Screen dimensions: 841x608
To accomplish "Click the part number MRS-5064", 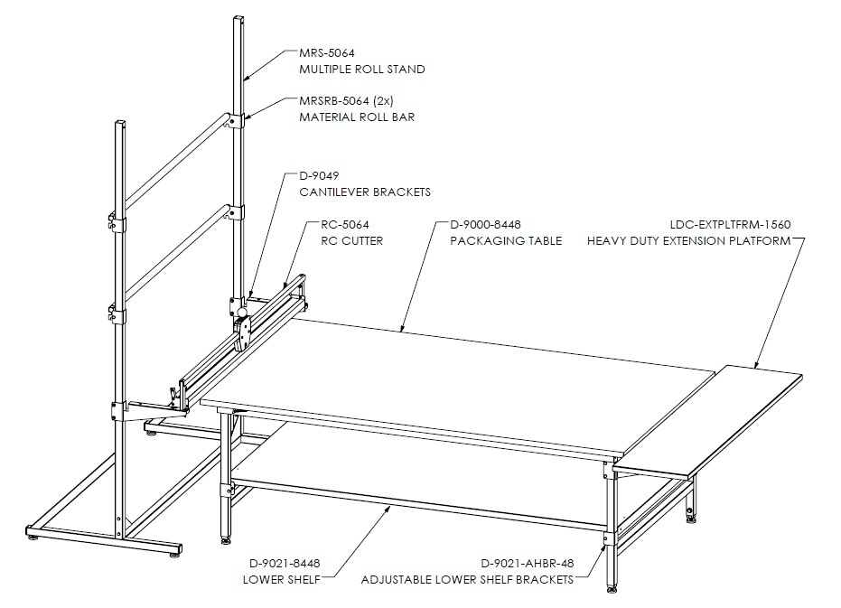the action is coord(327,53).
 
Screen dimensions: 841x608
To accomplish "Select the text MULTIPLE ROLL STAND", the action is coord(362,70).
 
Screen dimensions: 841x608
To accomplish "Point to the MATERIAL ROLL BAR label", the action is coord(357,117).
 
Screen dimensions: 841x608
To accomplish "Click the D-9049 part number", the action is coord(319,176).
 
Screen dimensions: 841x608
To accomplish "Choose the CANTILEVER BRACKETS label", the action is coord(365,192).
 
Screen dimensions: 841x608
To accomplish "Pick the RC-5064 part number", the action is coord(345,225).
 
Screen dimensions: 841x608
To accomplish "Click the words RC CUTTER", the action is coord(352,241).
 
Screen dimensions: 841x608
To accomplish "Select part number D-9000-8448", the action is coord(485,225).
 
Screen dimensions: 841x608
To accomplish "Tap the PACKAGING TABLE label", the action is coord(506,241).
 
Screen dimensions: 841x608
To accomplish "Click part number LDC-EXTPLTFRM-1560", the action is coord(731,225).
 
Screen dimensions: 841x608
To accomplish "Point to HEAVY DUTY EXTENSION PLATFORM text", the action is coord(688,241).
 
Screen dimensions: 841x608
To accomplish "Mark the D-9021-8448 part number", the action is coord(285,564).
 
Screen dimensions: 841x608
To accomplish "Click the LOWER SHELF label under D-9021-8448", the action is coord(282,580).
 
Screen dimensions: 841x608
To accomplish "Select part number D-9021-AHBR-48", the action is coord(528,564).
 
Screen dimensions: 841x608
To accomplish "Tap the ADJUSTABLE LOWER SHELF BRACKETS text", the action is coord(467,580).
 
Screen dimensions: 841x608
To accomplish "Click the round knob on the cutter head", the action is coord(242,312).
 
